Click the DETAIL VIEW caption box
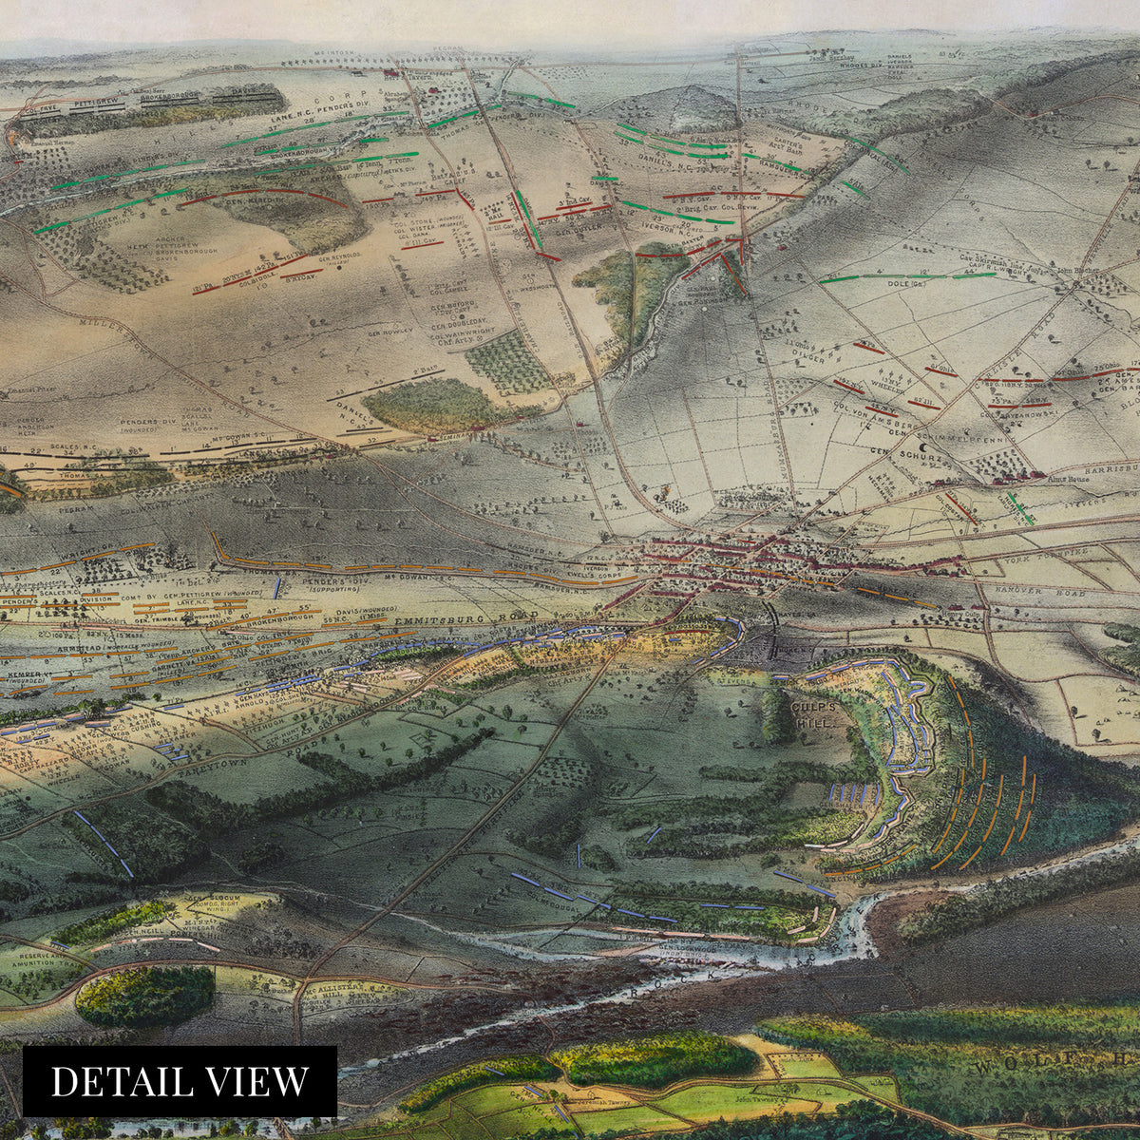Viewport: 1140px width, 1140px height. pos(180,1081)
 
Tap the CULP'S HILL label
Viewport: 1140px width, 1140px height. pos(813,715)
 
